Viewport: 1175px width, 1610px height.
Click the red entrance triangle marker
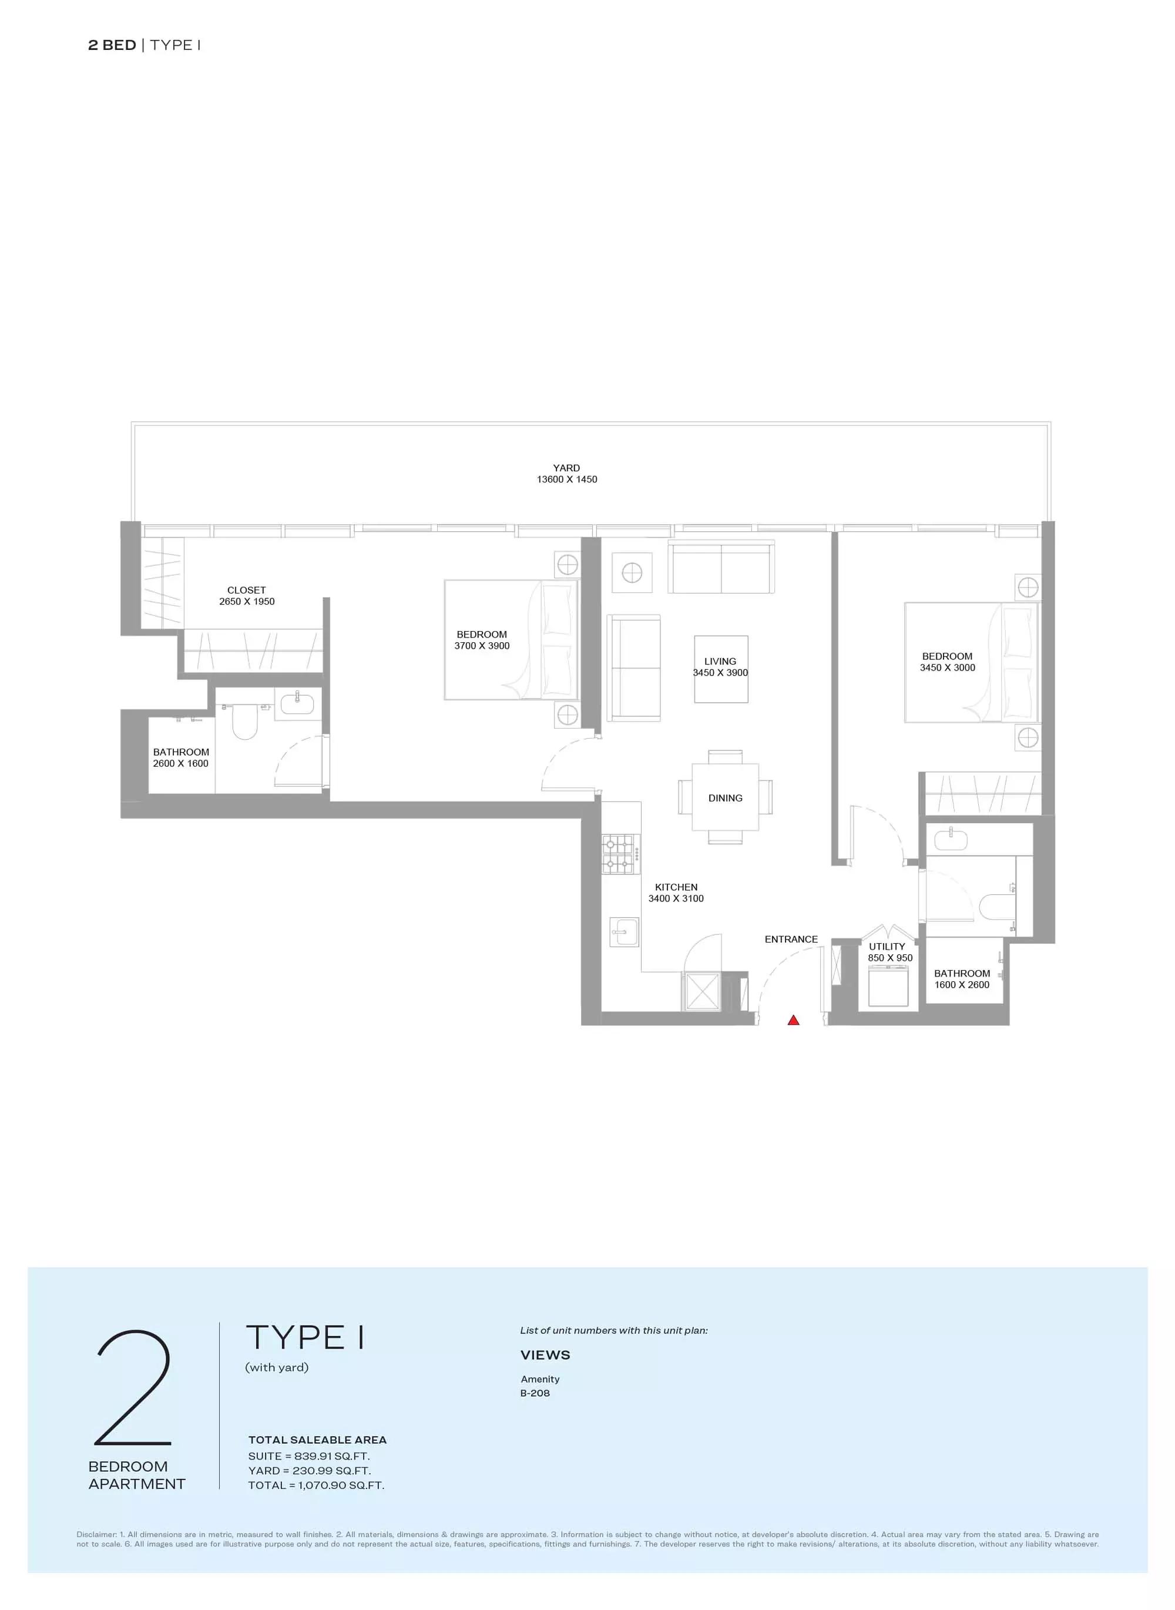[794, 1020]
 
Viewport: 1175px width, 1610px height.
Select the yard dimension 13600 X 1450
[567, 479]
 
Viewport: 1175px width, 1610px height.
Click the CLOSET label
[246, 591]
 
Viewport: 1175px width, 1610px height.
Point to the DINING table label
[726, 798]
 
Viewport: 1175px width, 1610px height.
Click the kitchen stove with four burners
[619, 854]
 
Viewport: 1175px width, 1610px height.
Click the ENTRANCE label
[791, 939]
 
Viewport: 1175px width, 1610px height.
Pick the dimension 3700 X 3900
[482, 646]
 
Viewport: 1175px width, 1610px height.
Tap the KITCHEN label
[676, 887]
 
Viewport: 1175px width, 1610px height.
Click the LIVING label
[720, 662]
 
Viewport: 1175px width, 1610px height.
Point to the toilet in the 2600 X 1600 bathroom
[244, 721]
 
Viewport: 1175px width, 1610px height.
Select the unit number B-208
[535, 1393]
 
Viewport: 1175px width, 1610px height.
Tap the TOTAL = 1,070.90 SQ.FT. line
[316, 1485]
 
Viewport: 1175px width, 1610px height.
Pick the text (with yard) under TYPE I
[277, 1367]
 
